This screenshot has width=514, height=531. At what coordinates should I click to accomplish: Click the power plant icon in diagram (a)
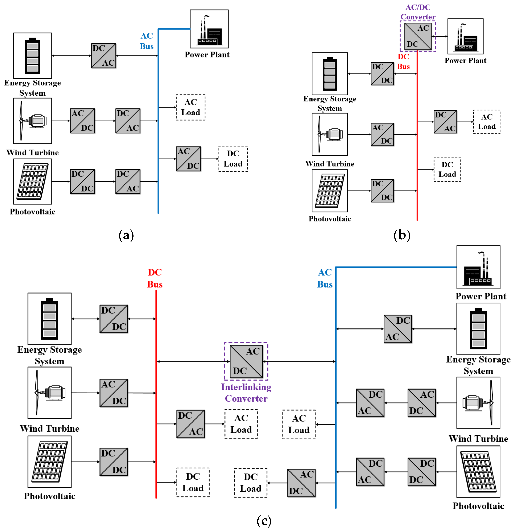click(x=209, y=29)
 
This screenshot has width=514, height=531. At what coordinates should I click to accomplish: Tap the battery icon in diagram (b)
click(x=330, y=74)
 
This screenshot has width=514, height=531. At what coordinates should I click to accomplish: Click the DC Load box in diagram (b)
click(x=447, y=170)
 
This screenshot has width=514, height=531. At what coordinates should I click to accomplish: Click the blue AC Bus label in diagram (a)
click(x=147, y=41)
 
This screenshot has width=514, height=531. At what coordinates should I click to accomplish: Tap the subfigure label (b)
click(x=402, y=235)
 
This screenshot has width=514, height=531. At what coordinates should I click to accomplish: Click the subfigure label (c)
click(x=264, y=520)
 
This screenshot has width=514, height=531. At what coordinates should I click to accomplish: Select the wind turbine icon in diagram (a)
click(x=32, y=121)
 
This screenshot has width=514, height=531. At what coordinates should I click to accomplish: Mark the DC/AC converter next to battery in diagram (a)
click(x=104, y=56)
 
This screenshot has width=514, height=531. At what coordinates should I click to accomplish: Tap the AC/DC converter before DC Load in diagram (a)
click(x=188, y=159)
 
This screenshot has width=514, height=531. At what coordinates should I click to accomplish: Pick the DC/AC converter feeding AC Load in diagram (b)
click(x=445, y=122)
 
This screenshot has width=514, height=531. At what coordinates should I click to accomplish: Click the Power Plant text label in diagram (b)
click(x=465, y=60)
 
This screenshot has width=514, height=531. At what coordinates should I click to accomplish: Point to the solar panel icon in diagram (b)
click(x=330, y=191)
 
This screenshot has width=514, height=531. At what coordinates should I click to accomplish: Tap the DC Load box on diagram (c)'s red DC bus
click(x=193, y=482)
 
